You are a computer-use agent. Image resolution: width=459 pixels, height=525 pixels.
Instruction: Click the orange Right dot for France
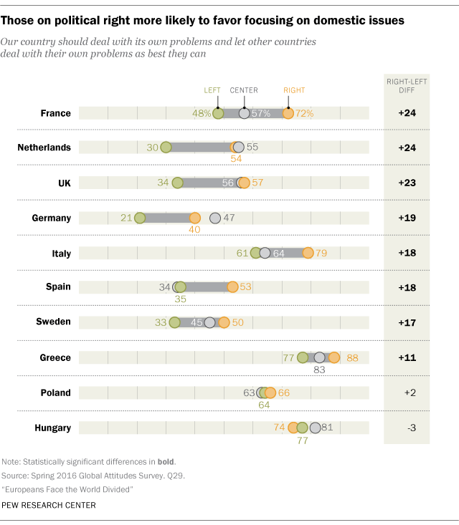click(x=288, y=113)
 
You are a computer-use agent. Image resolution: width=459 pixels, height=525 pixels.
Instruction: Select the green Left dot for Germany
click(x=140, y=218)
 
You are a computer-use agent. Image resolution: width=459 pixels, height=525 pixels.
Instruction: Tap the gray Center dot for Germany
click(x=214, y=218)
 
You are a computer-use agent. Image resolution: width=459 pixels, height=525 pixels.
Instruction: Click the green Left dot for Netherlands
click(x=166, y=148)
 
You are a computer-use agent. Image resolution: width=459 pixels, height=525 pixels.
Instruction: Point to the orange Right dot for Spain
click(x=232, y=287)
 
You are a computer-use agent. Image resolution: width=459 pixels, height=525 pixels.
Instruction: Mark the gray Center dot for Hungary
click(x=314, y=428)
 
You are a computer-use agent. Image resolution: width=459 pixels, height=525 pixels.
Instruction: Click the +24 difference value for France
click(x=407, y=113)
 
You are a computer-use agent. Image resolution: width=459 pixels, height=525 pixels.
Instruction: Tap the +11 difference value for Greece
click(x=407, y=357)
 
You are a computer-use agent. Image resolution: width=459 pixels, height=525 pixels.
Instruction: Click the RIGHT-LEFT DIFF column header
click(x=407, y=86)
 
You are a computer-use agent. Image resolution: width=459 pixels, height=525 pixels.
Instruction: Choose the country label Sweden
click(x=54, y=322)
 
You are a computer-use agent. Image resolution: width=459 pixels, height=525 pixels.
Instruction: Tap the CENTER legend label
click(x=244, y=91)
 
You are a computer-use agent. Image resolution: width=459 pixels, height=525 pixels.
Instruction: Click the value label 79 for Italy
click(x=323, y=253)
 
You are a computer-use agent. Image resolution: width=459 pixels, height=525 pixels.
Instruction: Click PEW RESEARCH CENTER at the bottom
click(x=49, y=505)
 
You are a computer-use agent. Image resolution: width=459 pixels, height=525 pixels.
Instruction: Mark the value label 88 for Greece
click(x=352, y=357)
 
